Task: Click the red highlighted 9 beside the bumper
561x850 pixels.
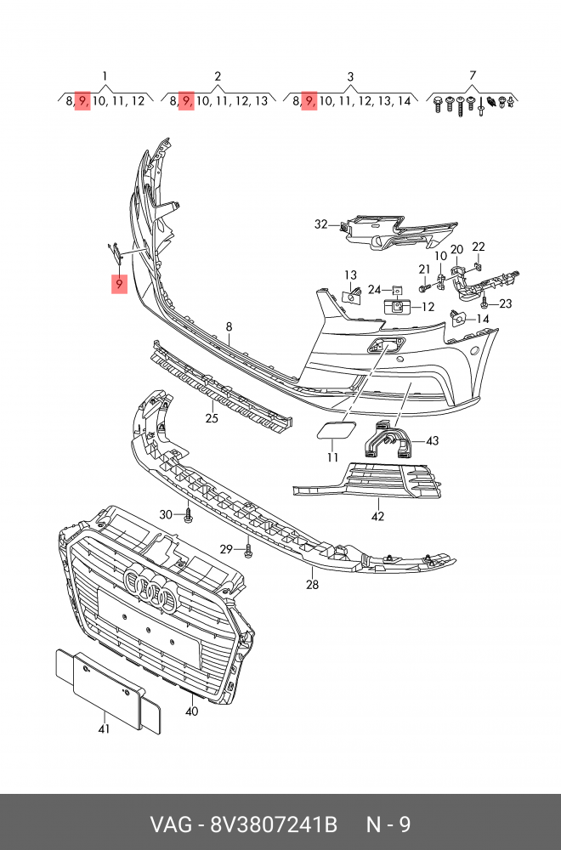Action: (119, 284)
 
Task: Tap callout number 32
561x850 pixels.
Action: (321, 224)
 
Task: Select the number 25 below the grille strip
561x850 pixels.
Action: (212, 418)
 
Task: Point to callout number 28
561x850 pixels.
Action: (312, 585)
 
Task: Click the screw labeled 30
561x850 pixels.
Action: (188, 513)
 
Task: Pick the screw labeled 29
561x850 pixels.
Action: (248, 550)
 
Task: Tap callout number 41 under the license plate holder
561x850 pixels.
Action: (104, 728)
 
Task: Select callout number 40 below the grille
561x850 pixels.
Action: (191, 711)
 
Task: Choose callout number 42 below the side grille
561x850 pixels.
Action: (377, 516)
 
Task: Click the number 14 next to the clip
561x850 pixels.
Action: (483, 319)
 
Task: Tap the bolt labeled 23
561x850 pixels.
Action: (484, 302)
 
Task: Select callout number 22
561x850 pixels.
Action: (478, 247)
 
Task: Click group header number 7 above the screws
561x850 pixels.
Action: (472, 76)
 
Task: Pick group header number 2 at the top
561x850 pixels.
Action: (218, 76)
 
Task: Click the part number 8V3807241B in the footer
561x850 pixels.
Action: (274, 824)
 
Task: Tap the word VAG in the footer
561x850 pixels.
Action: (171, 824)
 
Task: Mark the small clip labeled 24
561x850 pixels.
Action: (397, 290)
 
